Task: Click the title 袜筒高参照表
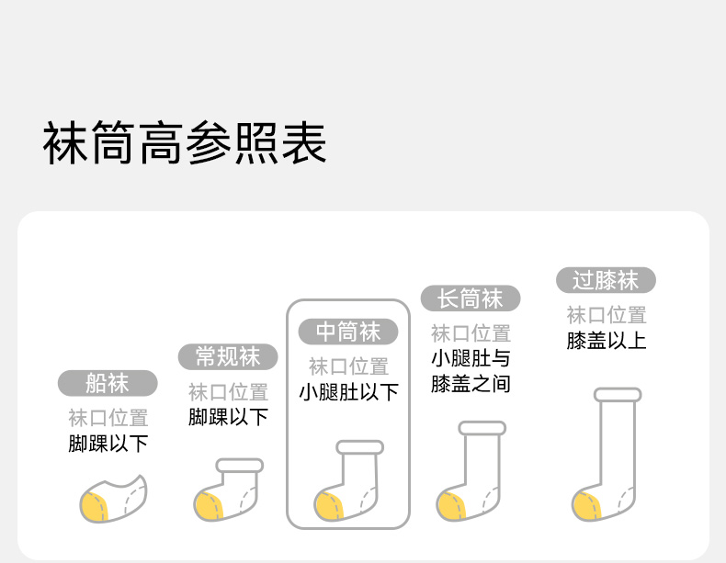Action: coord(185,145)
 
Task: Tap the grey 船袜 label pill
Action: coord(108,383)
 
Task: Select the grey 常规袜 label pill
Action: coord(228,356)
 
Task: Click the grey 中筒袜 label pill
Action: coord(347,331)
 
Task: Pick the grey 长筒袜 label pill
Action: coord(470,298)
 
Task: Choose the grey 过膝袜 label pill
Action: coord(605,280)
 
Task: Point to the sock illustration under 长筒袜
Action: coord(470,474)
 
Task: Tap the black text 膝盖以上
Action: coord(606,341)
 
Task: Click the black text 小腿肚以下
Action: coord(348,392)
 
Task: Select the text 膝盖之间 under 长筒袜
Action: coord(470,383)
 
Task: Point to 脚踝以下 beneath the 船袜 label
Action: coord(108,444)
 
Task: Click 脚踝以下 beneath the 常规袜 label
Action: coord(228,416)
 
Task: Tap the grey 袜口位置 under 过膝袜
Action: coord(606,315)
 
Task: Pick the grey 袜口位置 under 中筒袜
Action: coord(348,366)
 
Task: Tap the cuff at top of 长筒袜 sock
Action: coord(482,428)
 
